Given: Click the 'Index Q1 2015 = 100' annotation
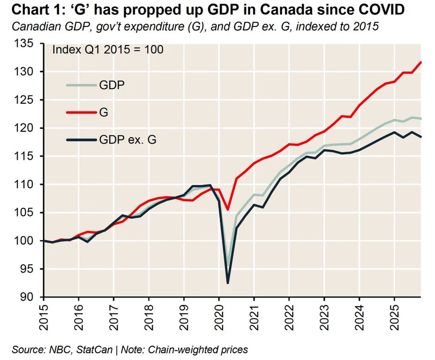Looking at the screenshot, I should click(108, 50).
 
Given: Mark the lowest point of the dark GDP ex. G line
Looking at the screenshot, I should click(228, 283).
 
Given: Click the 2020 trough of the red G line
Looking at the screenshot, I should click(228, 209).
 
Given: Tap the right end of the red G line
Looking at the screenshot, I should click(421, 62).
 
